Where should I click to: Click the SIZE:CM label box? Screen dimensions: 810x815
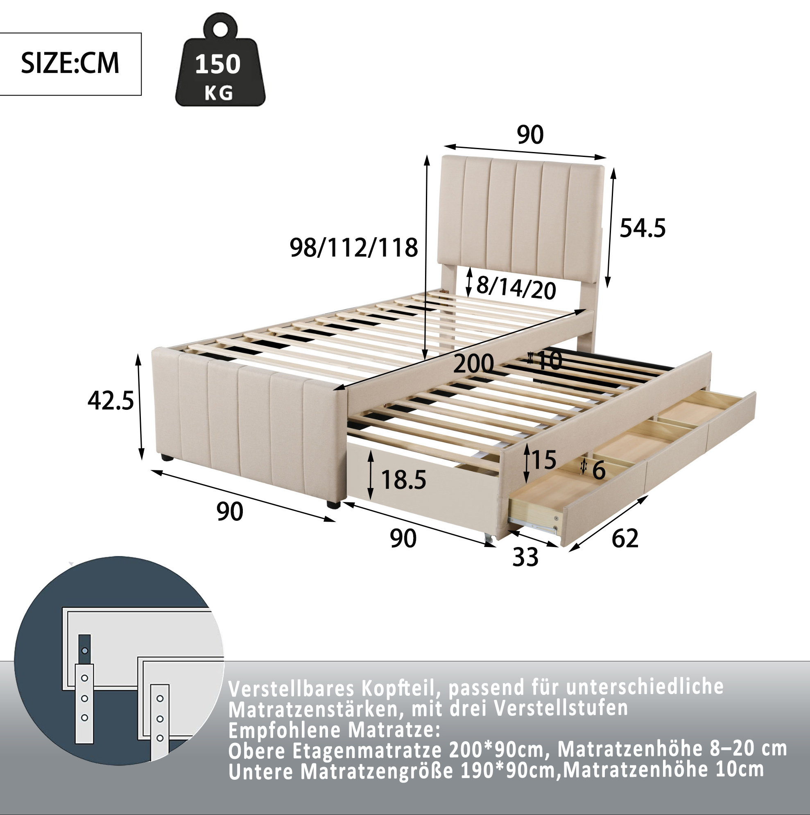point(70,64)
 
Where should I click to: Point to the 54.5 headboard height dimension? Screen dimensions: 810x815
point(642,228)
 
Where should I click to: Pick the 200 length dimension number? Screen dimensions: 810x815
point(473,363)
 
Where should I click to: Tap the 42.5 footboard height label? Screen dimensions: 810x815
point(111,400)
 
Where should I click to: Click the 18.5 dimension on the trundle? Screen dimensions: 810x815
point(403,480)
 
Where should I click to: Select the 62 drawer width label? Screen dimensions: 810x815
point(625,538)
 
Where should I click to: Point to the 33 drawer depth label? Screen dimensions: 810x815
point(525,557)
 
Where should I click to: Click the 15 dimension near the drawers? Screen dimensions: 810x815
point(543,459)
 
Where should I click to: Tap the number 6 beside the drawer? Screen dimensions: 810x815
point(599,470)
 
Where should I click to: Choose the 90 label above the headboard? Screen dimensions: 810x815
point(530,134)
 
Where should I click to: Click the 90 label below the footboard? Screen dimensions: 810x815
point(230,512)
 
